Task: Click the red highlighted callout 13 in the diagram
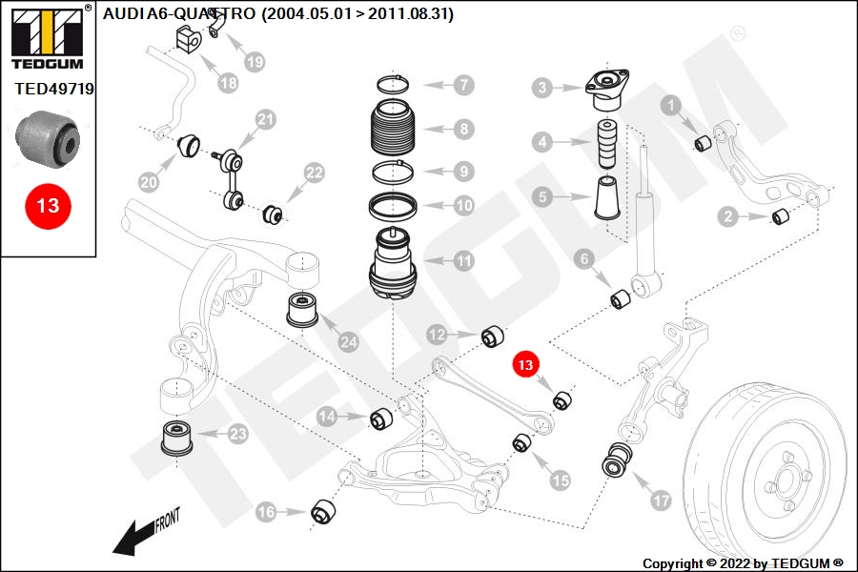click(x=525, y=364)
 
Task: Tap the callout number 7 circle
click(x=462, y=85)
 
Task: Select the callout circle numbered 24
click(x=348, y=341)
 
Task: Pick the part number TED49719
click(x=54, y=89)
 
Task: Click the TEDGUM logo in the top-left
click(x=47, y=38)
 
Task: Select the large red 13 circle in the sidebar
click(x=48, y=205)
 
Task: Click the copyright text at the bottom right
click(x=743, y=563)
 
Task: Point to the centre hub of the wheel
click(x=784, y=472)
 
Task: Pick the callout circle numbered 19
click(x=254, y=62)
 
